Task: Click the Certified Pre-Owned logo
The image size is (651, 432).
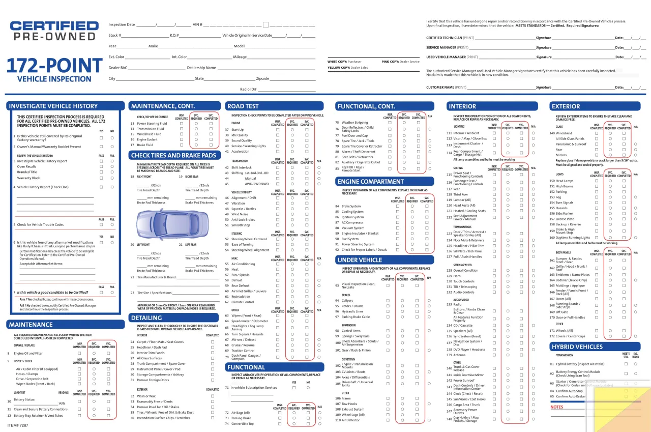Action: pos(54,31)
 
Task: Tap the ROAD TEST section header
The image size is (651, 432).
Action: pos(243,106)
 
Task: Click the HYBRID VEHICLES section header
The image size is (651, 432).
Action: pos(577,347)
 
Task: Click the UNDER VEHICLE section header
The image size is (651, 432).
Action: pos(360,260)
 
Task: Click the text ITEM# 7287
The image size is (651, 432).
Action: pos(18,425)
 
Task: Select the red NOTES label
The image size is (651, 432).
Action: pos(557,407)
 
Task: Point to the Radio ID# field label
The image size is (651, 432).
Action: pos(248,90)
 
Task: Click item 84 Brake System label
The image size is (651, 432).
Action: pos(351,207)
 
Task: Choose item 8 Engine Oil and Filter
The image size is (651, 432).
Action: pos(28,353)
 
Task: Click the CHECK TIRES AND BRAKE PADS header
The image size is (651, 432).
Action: pos(173,155)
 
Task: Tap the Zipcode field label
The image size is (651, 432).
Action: pos(262,79)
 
